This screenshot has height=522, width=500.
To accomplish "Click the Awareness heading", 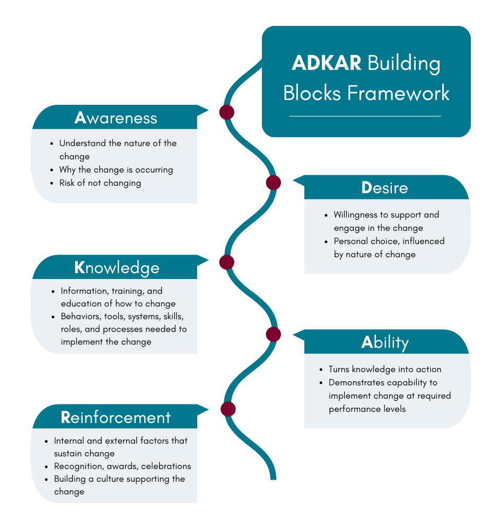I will tap(116, 118).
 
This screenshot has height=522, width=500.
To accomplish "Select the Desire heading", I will tap(384, 188).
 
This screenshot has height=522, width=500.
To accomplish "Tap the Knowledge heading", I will tap(117, 268).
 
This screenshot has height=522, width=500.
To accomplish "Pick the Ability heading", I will tap(384, 343).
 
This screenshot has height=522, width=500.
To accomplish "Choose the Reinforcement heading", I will tap(116, 418).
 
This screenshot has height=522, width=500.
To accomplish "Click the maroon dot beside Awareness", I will tap(227, 112).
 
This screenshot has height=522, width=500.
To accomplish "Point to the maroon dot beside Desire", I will tap(273, 183).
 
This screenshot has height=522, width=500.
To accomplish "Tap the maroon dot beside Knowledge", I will tap(226, 262).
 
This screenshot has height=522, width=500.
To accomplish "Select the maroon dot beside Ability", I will tap(273, 334).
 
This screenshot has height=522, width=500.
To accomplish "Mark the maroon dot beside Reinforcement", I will tap(227, 409).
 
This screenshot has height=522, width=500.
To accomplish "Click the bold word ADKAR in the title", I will tap(327, 64).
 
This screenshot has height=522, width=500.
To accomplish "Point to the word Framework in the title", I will tap(398, 93).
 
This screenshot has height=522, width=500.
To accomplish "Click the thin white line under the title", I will tap(365, 116).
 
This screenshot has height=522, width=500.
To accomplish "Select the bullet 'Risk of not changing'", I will tap(100, 183).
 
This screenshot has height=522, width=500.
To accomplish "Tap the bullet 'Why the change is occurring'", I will tap(116, 170).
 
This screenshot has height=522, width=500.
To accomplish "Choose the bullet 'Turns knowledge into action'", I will tap(384, 370).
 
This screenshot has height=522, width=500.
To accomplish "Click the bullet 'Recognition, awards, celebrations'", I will tap(122, 466).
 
